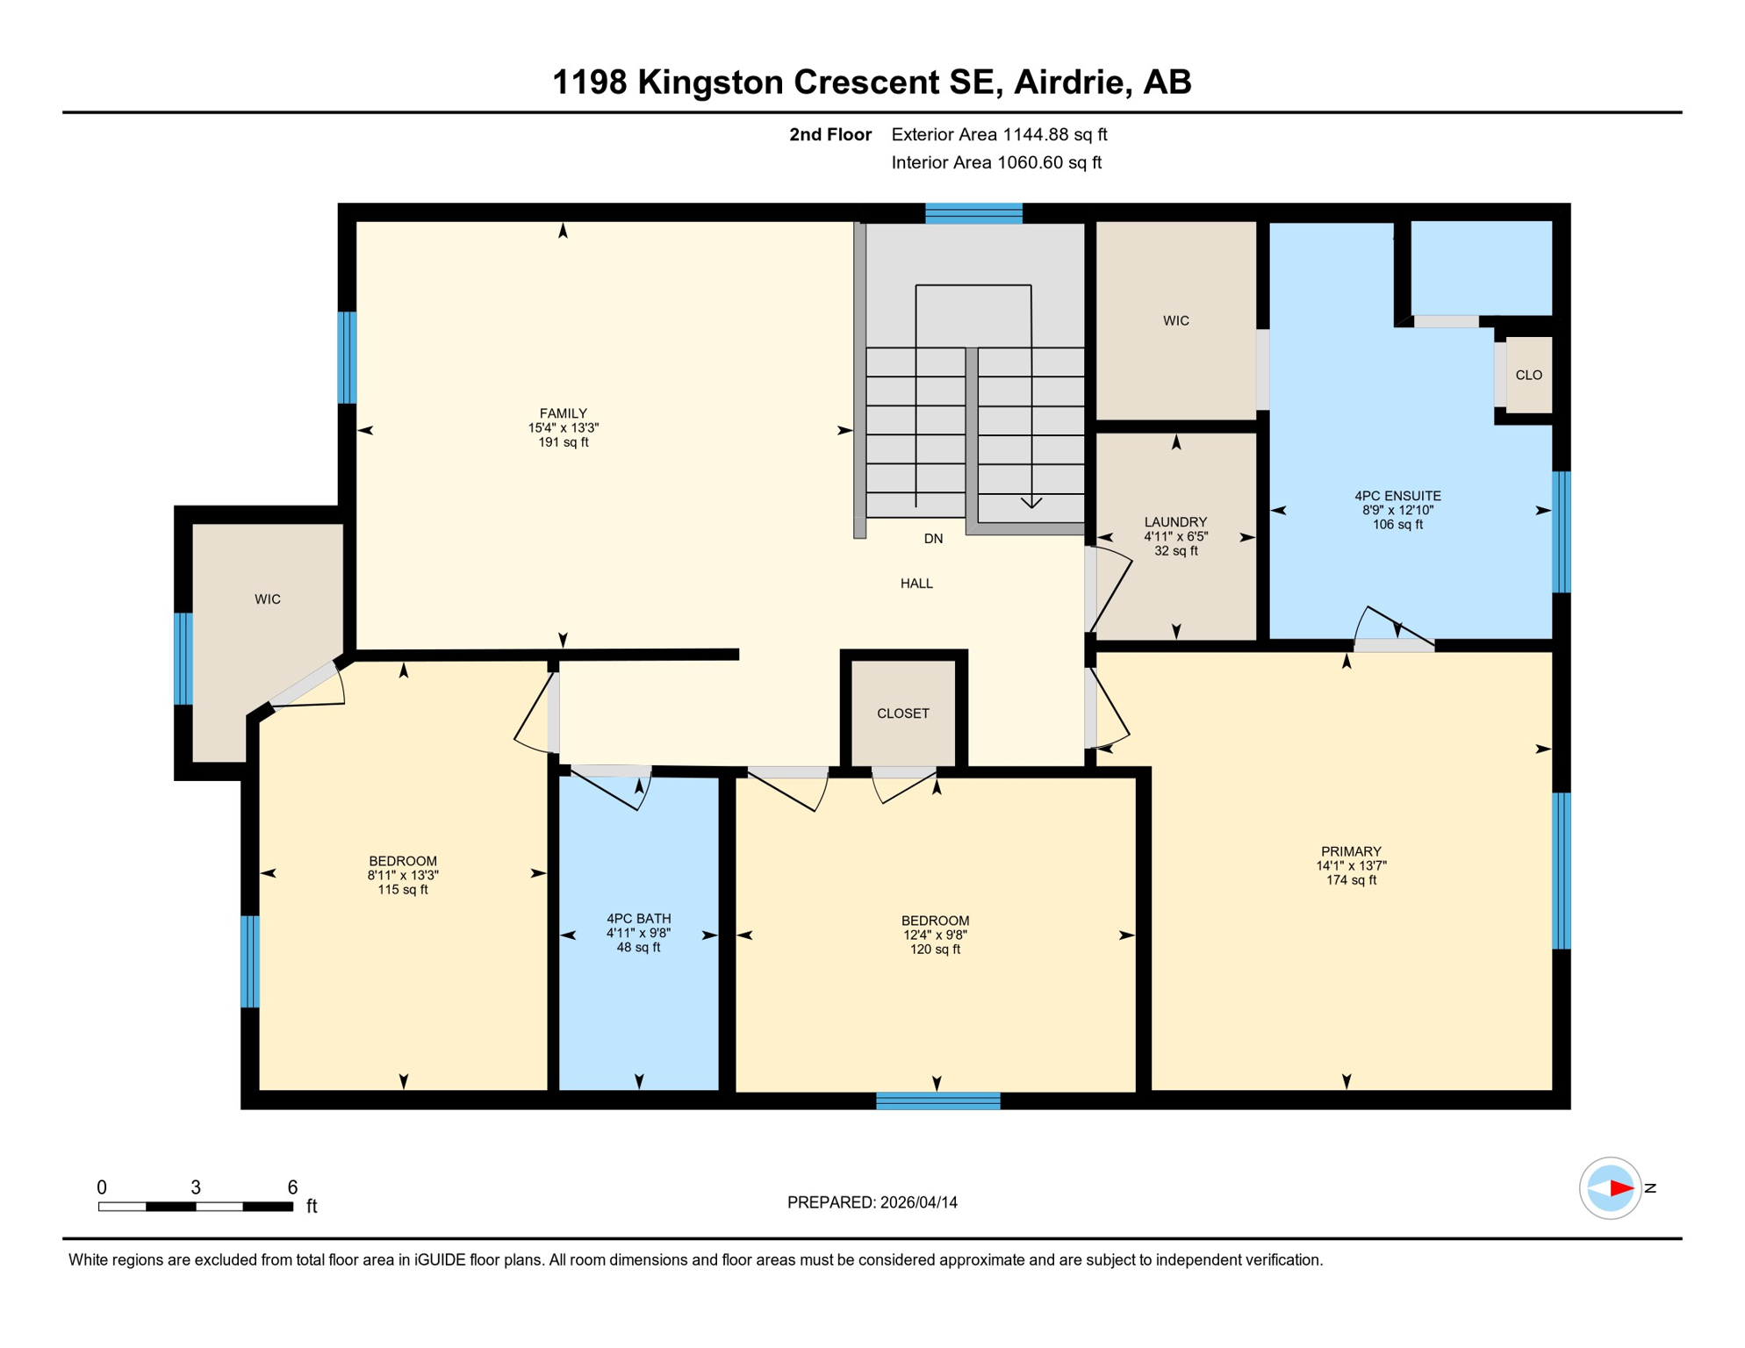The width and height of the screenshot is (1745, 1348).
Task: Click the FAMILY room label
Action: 563,413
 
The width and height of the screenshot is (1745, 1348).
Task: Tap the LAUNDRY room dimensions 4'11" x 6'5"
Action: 1175,536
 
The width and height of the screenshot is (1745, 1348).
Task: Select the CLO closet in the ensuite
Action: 1528,375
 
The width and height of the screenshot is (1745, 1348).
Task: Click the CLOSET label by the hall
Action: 902,713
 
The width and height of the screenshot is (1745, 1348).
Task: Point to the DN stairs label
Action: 933,539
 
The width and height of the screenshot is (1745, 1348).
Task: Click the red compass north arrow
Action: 1619,1188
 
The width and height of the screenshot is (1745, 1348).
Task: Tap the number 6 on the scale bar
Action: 292,1187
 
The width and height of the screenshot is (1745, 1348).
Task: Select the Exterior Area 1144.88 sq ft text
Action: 998,134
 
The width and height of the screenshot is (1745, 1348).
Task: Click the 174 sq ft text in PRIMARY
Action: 1350,880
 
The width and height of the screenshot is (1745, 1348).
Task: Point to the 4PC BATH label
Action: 638,919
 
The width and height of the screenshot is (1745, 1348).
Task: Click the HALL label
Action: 916,584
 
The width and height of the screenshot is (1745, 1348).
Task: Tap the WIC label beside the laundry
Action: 1175,321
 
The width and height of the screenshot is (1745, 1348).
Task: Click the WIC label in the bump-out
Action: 267,599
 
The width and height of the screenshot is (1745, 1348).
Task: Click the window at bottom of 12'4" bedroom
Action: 937,1101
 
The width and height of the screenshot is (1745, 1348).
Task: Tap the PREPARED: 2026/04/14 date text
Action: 872,1202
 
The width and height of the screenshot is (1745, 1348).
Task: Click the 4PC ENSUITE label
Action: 1397,496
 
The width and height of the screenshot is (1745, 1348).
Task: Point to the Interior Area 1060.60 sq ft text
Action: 995,162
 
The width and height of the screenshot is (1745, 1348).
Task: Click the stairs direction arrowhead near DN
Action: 1031,503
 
